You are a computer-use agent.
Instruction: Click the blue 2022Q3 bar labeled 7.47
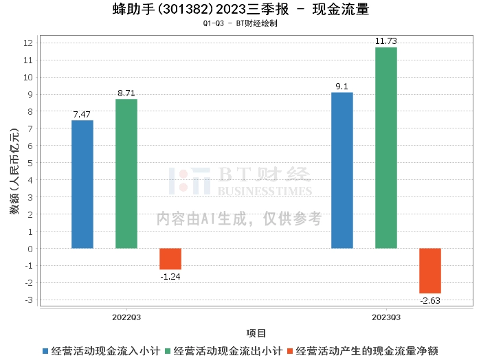tap(82, 184)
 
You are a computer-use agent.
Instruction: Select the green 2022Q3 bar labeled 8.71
tap(126, 174)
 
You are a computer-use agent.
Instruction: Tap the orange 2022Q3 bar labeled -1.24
tap(170, 258)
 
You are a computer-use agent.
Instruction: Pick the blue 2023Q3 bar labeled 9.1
tap(342, 170)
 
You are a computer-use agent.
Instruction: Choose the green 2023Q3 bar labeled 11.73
tap(386, 148)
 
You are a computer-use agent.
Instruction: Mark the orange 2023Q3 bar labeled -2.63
tap(430, 271)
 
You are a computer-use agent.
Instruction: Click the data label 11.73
tap(386, 41)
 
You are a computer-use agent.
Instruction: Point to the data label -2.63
tap(430, 300)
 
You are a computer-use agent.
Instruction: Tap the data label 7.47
tap(82, 114)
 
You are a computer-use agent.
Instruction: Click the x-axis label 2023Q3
tap(386, 317)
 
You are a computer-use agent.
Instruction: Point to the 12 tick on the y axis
tap(28, 43)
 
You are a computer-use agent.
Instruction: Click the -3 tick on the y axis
tap(28, 300)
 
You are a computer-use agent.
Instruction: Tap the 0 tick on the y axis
tap(30, 249)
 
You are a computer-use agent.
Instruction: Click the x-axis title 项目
tap(256, 333)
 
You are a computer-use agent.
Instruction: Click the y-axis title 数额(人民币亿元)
tap(14, 171)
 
